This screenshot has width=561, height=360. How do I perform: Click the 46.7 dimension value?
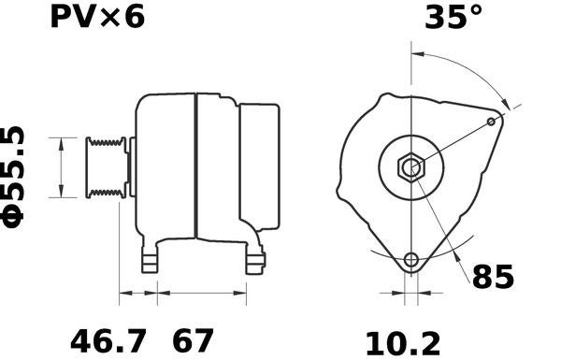109,340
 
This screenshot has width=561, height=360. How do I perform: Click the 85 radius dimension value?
493,277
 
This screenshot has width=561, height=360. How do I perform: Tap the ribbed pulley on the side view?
106,167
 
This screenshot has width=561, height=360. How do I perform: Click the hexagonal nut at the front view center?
410,168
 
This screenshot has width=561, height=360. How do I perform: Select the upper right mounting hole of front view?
493,122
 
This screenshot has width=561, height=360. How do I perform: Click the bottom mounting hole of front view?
410,260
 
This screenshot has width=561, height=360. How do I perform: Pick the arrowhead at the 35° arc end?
505,105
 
